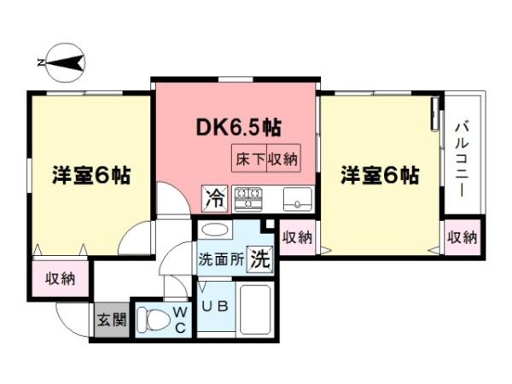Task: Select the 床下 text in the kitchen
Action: tap(249, 158)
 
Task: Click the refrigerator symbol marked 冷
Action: tap(214, 199)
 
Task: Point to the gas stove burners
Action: tap(249, 199)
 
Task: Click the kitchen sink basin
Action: tap(298, 199)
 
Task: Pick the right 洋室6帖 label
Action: tap(380, 176)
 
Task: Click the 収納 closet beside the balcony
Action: tap(462, 236)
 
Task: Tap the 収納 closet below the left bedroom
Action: tap(61, 278)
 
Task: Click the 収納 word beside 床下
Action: tap(283, 158)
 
